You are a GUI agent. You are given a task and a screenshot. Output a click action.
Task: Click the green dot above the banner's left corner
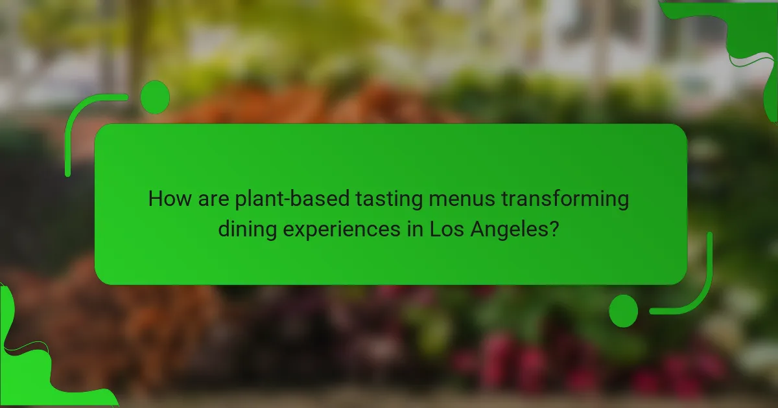155,97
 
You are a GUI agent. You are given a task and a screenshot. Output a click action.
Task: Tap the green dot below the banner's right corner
624,310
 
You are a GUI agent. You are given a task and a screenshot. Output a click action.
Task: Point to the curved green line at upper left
78,123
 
